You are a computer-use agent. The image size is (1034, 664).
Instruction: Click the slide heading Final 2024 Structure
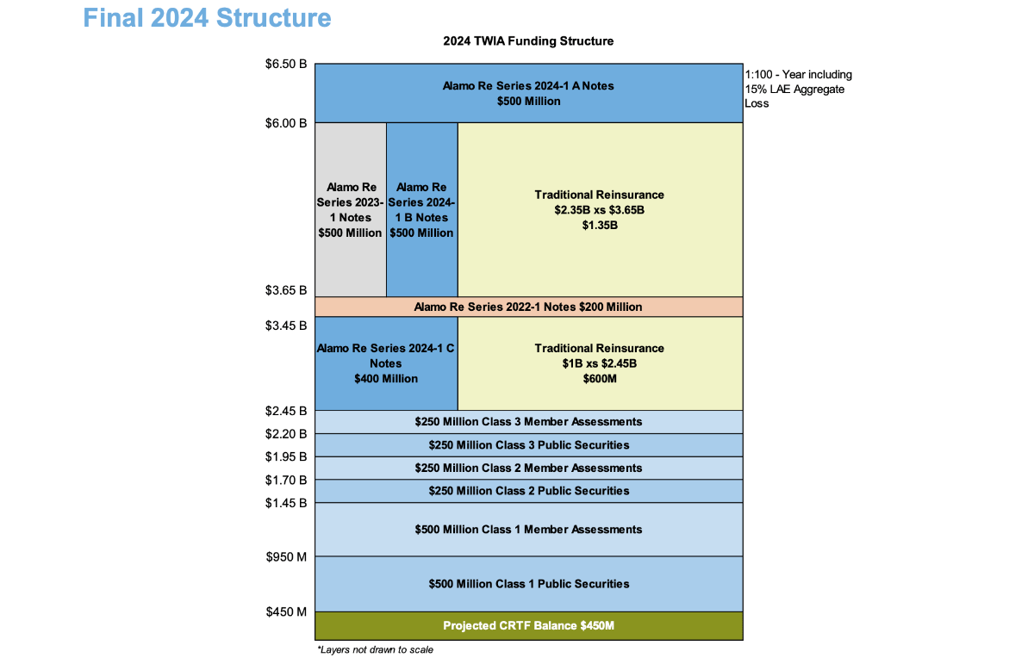coord(207,17)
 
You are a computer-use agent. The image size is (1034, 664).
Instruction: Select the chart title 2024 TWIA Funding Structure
coord(528,41)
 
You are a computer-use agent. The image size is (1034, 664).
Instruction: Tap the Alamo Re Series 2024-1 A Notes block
coord(528,93)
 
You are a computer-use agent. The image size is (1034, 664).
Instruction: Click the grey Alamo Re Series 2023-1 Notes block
coord(350,209)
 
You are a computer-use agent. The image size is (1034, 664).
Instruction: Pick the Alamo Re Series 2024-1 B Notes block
coord(421,209)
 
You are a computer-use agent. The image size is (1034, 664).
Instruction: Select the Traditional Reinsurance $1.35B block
coord(600,209)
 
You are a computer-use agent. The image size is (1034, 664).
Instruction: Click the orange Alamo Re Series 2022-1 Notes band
coord(528,307)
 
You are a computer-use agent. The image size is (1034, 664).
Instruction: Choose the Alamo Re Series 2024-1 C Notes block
coord(386,363)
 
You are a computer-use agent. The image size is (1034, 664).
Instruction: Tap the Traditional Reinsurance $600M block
coord(600,363)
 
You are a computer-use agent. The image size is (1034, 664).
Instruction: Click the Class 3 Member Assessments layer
coord(528,422)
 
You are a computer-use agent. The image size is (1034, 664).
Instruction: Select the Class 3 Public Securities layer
coord(528,445)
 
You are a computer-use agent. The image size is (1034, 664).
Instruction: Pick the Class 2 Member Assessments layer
coord(528,468)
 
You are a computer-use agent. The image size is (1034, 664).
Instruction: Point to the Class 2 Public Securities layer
coord(528,491)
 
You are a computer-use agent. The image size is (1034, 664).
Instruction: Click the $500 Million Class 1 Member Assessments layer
coord(528,529)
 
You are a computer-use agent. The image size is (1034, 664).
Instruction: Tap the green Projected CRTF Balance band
coord(528,625)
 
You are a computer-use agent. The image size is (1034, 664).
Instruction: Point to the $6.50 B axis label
coord(286,65)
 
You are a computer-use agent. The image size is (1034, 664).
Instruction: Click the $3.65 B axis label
coord(286,290)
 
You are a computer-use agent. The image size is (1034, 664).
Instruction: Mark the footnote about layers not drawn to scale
coord(375,649)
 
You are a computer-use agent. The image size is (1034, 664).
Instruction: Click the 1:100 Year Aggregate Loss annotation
coord(797,89)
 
